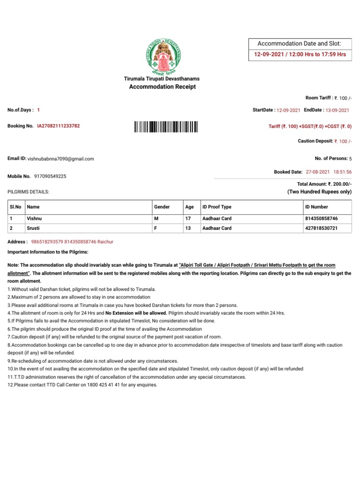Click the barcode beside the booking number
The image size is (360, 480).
coord(166,126)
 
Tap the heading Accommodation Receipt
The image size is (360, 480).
coord(159,87)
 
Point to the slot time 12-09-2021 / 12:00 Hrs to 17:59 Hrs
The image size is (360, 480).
coord(300,54)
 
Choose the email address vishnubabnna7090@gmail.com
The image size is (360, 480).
coord(61,159)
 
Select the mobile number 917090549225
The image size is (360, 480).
coord(50,176)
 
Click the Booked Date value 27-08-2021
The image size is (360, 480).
coord(318,172)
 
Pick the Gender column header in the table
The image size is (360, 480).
coord(162,207)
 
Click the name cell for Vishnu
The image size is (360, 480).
coord(35,218)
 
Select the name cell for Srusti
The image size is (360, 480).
coord(34,228)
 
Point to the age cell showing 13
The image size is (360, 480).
coord(189,228)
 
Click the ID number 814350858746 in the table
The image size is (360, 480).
coord(321,218)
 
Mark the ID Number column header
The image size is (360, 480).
coord(316,207)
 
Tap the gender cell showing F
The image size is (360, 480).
coord(156,228)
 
